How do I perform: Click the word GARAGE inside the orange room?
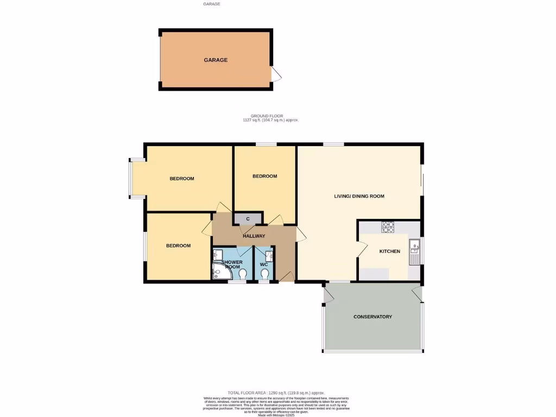click(x=216, y=60)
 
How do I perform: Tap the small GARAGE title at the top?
click(x=212, y=4)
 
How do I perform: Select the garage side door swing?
click(x=276, y=75)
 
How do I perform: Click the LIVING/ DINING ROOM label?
click(x=359, y=196)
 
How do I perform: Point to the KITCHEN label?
click(x=389, y=251)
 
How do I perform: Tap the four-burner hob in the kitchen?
click(x=388, y=227)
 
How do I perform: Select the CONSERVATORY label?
click(x=372, y=317)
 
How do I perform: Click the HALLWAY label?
click(x=254, y=236)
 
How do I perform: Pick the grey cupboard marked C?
click(x=248, y=219)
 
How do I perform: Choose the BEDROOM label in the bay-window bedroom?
click(x=181, y=179)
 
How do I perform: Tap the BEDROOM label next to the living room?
click(x=265, y=176)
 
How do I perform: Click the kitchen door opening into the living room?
click(x=361, y=250)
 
